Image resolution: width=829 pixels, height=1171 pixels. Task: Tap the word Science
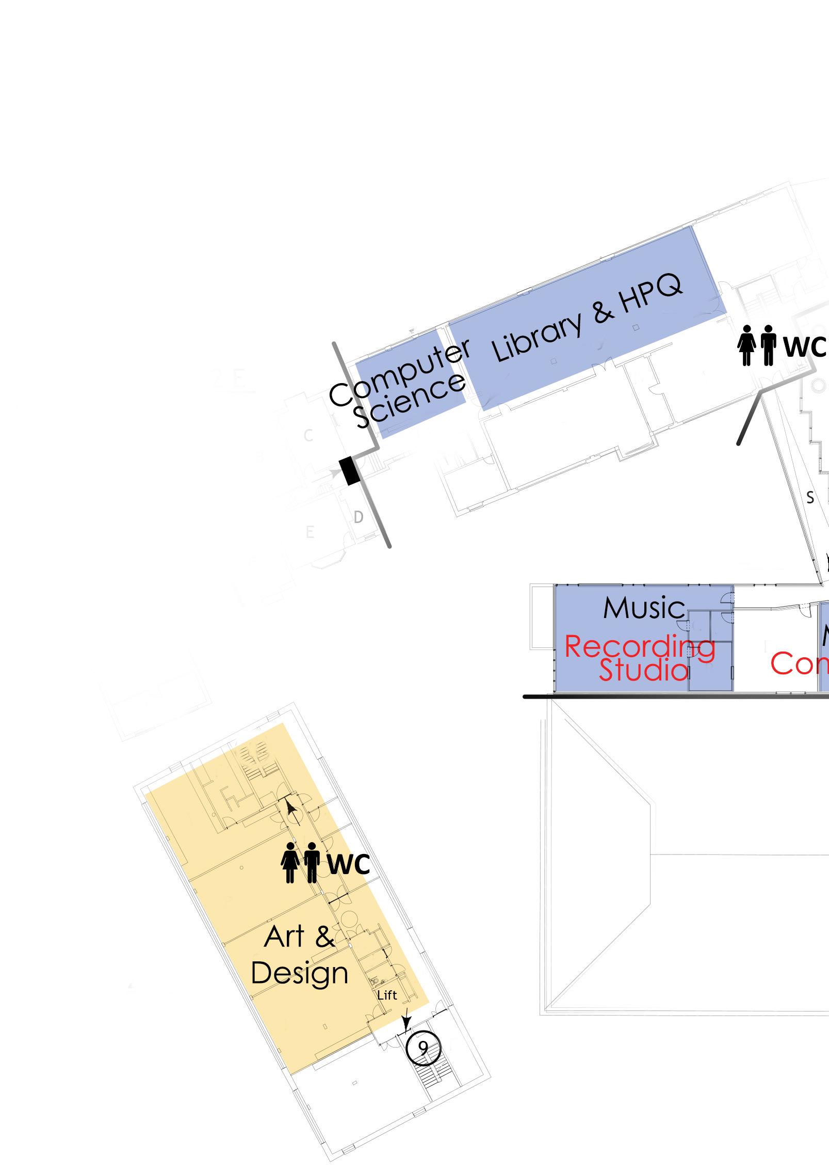coord(411,400)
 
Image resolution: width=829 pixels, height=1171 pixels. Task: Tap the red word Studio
coord(643,670)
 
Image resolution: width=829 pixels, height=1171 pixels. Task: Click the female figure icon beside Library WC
coord(747,345)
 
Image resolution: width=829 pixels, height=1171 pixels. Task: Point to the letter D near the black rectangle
coord(359,517)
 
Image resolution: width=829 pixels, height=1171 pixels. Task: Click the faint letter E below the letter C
coord(310,532)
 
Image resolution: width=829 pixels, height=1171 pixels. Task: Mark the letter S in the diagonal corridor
coord(810,498)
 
